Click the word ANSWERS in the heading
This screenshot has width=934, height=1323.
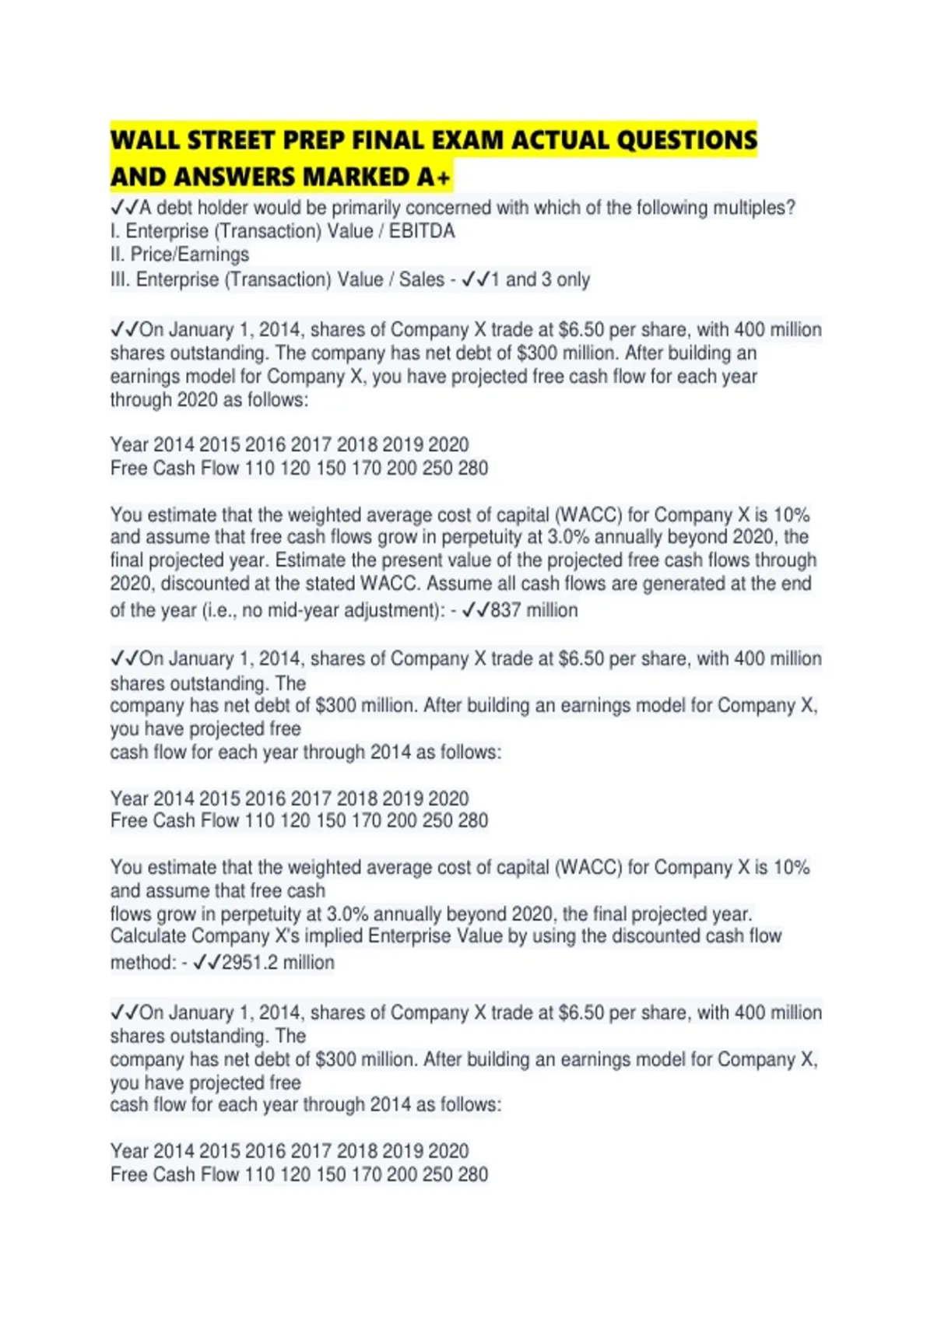233,177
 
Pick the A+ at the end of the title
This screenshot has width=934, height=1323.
434,177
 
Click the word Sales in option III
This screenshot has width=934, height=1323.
421,279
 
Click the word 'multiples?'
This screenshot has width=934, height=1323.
754,208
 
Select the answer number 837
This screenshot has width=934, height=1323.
505,610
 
